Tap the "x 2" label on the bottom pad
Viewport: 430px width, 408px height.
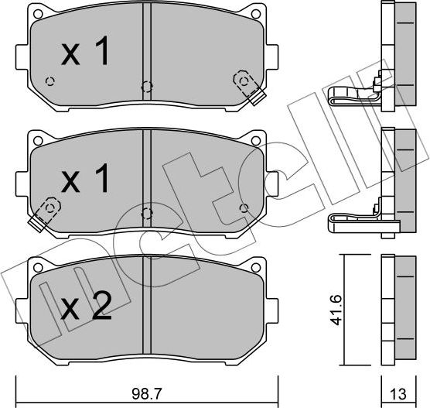tap(87, 309)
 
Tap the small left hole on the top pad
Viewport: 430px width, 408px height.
tap(50, 81)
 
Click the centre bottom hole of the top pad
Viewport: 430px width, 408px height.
tap(145, 87)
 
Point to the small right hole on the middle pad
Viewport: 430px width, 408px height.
tap(244, 207)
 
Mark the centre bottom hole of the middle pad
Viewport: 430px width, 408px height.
tap(145, 214)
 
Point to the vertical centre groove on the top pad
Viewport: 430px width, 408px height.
tap(145, 43)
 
